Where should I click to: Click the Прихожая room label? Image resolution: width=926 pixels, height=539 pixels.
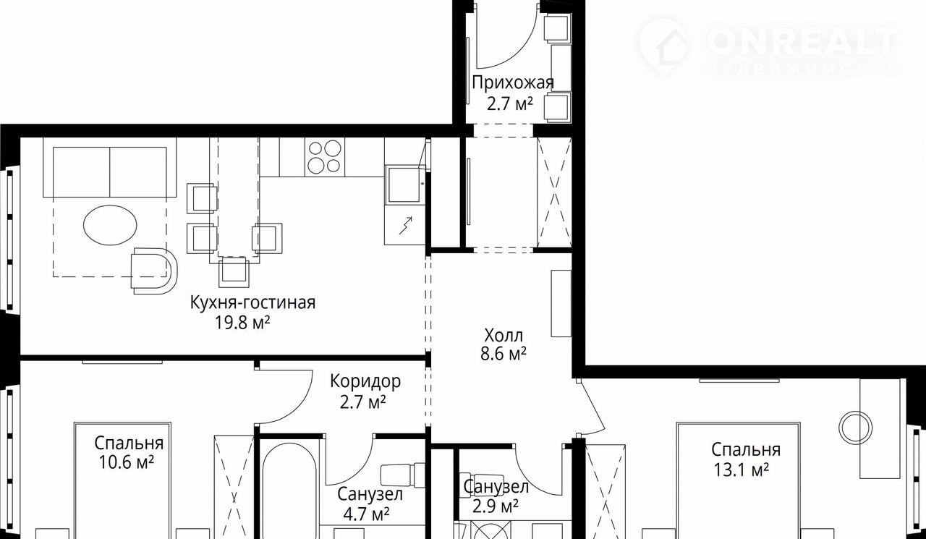pyautogui.click(x=513, y=82)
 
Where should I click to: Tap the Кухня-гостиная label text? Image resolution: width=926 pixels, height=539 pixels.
pyautogui.click(x=252, y=302)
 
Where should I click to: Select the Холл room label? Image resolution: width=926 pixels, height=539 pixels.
pyautogui.click(x=504, y=335)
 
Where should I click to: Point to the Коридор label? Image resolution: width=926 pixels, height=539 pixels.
pyautogui.click(x=365, y=381)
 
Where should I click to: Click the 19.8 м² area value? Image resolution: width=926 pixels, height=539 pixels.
pyautogui.click(x=242, y=323)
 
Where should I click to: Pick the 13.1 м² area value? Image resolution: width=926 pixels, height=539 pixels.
pyautogui.click(x=742, y=470)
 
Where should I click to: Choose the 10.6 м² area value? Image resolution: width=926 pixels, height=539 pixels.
pyautogui.click(x=126, y=462)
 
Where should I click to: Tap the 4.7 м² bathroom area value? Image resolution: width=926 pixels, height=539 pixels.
pyautogui.click(x=366, y=514)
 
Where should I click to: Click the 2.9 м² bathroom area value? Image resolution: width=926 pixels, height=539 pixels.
pyautogui.click(x=496, y=506)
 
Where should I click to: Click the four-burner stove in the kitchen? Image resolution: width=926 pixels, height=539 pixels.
pyautogui.click(x=325, y=157)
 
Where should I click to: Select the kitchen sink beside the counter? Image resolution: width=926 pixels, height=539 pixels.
pyautogui.click(x=404, y=184)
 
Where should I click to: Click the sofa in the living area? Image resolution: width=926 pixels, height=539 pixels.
pyautogui.click(x=110, y=167)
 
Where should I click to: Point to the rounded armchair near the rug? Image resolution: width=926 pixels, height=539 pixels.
pyautogui.click(x=154, y=271)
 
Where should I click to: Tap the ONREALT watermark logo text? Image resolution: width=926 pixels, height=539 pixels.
pyautogui.click(x=803, y=41)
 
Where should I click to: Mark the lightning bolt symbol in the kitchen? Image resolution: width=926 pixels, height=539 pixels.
pyautogui.click(x=406, y=226)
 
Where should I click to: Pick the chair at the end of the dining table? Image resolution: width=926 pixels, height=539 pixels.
pyautogui.click(x=234, y=271)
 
